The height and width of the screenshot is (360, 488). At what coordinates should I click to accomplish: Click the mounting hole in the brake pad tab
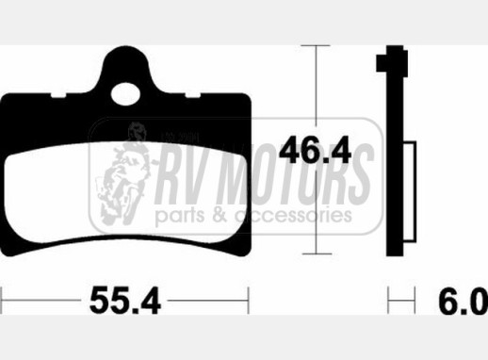(125, 94)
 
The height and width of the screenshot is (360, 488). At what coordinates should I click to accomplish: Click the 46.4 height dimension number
(315, 151)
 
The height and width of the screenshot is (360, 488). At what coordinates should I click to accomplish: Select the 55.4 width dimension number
(125, 301)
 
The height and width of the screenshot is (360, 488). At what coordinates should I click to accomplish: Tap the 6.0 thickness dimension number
(464, 302)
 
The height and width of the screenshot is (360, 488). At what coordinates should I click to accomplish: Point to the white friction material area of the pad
(125, 191)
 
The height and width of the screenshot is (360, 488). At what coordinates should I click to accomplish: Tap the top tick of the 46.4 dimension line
(316, 46)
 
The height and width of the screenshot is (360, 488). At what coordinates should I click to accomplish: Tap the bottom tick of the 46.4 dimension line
(317, 254)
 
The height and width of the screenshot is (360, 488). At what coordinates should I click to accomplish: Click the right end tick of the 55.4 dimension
(249, 301)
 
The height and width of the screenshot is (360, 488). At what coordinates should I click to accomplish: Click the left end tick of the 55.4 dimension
(1, 301)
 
